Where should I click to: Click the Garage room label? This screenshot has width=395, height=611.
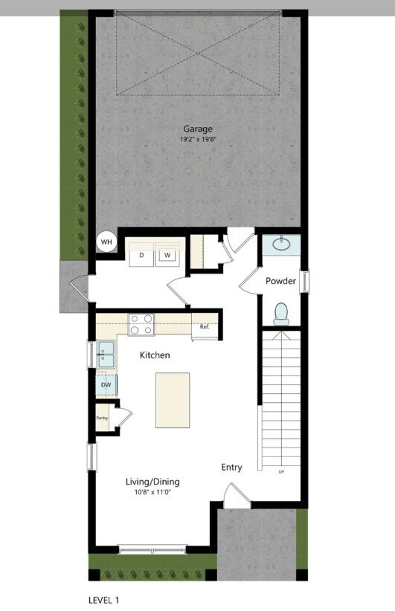tap(198, 129)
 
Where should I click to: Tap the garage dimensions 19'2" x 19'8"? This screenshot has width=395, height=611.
tap(198, 140)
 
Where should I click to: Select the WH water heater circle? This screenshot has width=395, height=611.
tap(106, 242)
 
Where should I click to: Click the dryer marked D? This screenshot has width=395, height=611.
tap(141, 255)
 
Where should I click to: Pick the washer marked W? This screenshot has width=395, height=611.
tap(167, 255)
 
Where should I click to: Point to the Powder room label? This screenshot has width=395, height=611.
tap(280, 281)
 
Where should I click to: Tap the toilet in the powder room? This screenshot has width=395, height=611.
tap(281, 313)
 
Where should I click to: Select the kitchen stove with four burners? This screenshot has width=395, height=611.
tap(141, 325)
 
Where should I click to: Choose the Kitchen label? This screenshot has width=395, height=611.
tap(155, 355)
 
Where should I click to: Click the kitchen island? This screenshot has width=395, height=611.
tap(172, 400)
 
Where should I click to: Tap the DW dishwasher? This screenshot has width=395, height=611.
tap(106, 385)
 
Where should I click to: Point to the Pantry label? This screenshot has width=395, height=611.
tap(102, 418)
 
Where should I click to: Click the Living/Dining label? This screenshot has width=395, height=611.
tap(152, 482)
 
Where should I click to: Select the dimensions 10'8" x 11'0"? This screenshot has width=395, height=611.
tap(152, 492)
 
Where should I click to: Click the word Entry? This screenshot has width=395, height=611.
tap(231, 467)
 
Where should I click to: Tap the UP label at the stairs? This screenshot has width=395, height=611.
tap(281, 472)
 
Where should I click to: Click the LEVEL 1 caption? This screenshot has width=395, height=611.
tap(103, 599)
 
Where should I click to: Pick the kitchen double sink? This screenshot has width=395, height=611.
tap(106, 354)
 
